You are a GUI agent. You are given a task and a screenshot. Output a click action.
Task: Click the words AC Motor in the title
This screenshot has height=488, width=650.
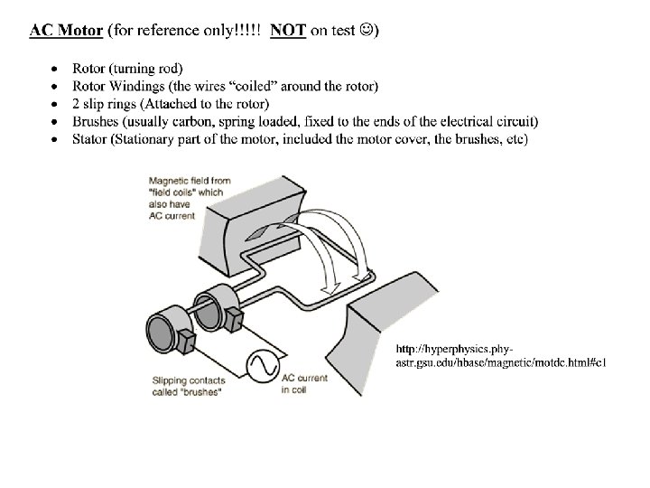tap(66, 30)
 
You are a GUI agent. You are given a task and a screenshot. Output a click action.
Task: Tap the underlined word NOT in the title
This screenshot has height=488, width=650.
tap(288, 30)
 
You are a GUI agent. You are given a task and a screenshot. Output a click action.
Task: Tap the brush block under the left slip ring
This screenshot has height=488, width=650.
tap(187, 342)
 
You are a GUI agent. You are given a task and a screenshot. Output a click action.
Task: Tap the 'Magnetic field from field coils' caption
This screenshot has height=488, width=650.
tap(188, 192)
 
